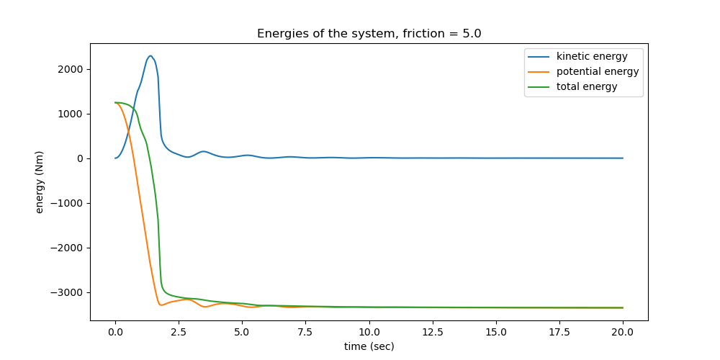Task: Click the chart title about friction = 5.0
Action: [x=369, y=34]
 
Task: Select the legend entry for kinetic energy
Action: [x=592, y=56]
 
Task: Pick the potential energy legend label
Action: [x=598, y=71]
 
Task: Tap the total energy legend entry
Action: [x=587, y=86]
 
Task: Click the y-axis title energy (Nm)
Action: [x=40, y=181]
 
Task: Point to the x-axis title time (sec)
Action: [x=369, y=346]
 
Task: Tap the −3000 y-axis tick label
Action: [x=68, y=292]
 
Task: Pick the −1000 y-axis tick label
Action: [x=68, y=203]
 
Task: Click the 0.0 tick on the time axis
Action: [x=115, y=332]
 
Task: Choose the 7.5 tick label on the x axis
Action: [x=305, y=332]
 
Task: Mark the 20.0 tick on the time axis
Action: [x=623, y=332]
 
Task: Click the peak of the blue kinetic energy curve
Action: [x=150, y=55]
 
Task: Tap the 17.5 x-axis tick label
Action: [x=559, y=332]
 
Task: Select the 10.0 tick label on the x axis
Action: [x=369, y=332]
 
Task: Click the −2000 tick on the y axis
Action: [x=68, y=248]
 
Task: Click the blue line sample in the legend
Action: [x=540, y=56]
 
